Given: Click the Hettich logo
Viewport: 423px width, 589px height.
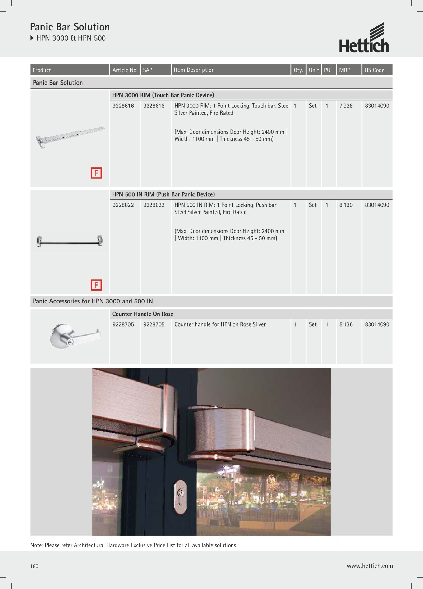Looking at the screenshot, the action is (x=364, y=38).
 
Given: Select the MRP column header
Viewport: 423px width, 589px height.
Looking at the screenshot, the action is (x=344, y=70).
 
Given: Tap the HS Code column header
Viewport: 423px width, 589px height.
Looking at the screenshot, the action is (x=374, y=70).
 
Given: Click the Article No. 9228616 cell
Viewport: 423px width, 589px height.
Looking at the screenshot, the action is (x=123, y=106).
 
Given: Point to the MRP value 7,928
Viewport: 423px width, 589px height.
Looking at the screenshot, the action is (x=346, y=106).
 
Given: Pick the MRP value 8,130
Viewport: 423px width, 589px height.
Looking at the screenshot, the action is (x=346, y=205).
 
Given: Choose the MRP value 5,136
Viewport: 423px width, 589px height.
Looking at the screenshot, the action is (x=346, y=324).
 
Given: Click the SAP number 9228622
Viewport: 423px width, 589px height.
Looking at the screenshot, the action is (x=154, y=205).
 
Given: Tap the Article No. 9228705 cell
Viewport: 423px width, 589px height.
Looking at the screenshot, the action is (x=123, y=324).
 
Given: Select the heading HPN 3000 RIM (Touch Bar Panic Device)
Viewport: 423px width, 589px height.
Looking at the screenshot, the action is (x=163, y=95).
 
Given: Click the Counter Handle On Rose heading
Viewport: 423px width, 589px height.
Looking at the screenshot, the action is (x=143, y=314).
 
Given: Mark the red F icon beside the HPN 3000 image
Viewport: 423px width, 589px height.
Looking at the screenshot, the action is (x=96, y=173).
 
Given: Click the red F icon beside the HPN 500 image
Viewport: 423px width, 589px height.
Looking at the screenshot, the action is (x=96, y=285).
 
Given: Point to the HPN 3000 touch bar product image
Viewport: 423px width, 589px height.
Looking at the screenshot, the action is (x=70, y=137).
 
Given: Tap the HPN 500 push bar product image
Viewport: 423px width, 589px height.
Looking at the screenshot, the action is (x=70, y=241).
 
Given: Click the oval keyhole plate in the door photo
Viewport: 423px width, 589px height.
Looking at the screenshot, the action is (x=180, y=497).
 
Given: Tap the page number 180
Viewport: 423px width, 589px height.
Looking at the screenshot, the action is (x=34, y=566).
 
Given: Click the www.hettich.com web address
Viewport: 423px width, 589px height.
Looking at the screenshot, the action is (x=370, y=566).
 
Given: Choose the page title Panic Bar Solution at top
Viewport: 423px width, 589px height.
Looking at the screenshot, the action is (x=70, y=27).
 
